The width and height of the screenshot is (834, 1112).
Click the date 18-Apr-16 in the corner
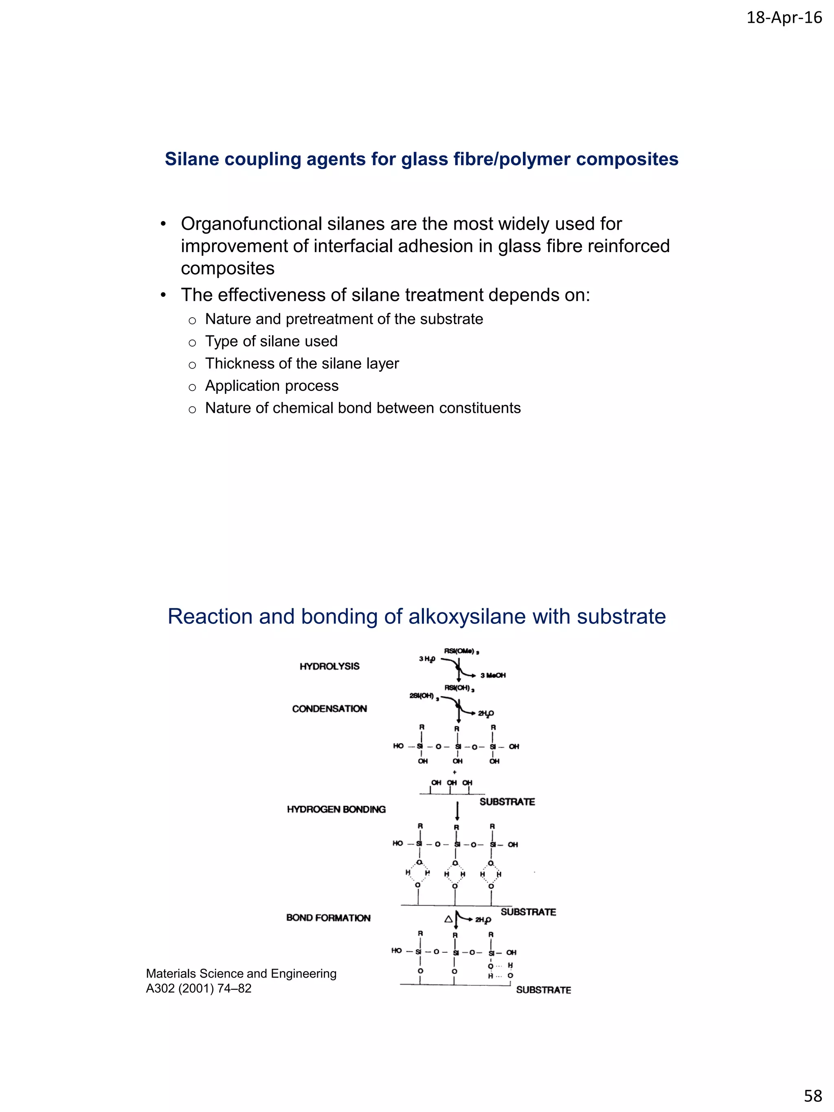tap(784, 18)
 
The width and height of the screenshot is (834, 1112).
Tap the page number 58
tap(813, 1095)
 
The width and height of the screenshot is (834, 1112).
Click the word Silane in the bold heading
tap(191, 159)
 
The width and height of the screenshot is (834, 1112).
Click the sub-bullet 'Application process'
tap(272, 386)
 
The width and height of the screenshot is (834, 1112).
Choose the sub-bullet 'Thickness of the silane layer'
tap(302, 364)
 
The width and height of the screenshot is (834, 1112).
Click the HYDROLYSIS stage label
tap(329, 666)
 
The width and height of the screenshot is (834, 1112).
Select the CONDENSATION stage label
tap(329, 709)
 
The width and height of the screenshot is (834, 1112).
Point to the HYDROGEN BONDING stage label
tap(336, 809)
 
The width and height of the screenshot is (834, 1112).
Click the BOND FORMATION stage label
tap(328, 918)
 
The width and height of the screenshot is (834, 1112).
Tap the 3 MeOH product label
tap(493, 675)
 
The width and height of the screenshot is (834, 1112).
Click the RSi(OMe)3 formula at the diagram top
tap(461, 651)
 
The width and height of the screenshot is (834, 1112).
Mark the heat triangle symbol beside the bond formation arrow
tap(448, 919)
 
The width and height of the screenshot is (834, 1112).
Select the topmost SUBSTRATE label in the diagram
tap(507, 802)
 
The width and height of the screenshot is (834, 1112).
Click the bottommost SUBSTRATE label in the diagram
tap(543, 990)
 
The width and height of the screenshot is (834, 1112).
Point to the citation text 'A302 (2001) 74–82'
tap(199, 988)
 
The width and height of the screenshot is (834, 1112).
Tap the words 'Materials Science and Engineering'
tap(241, 973)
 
